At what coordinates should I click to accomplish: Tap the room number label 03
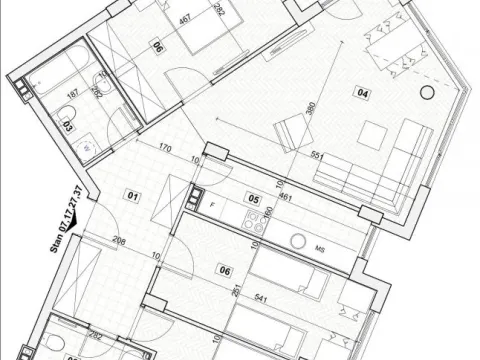coord(68,128)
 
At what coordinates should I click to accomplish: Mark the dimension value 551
coord(319,156)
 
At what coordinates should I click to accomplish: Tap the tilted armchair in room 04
coord(292,131)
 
